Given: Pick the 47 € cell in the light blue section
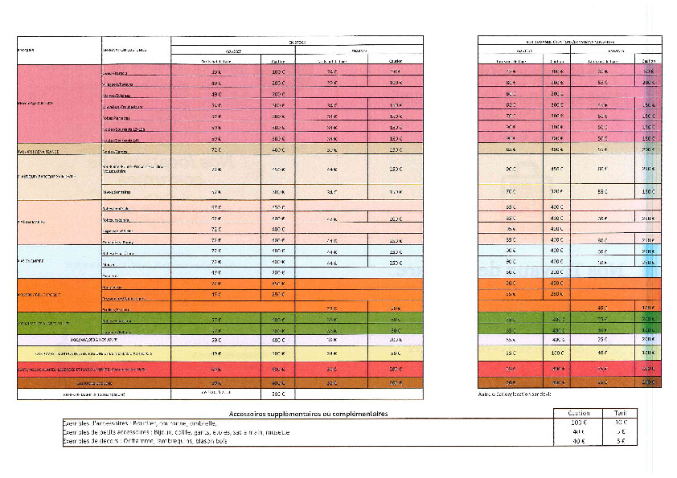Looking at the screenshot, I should coord(216,272).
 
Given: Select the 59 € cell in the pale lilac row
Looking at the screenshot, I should coord(216,340).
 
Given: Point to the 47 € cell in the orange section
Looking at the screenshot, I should coord(216,294).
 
